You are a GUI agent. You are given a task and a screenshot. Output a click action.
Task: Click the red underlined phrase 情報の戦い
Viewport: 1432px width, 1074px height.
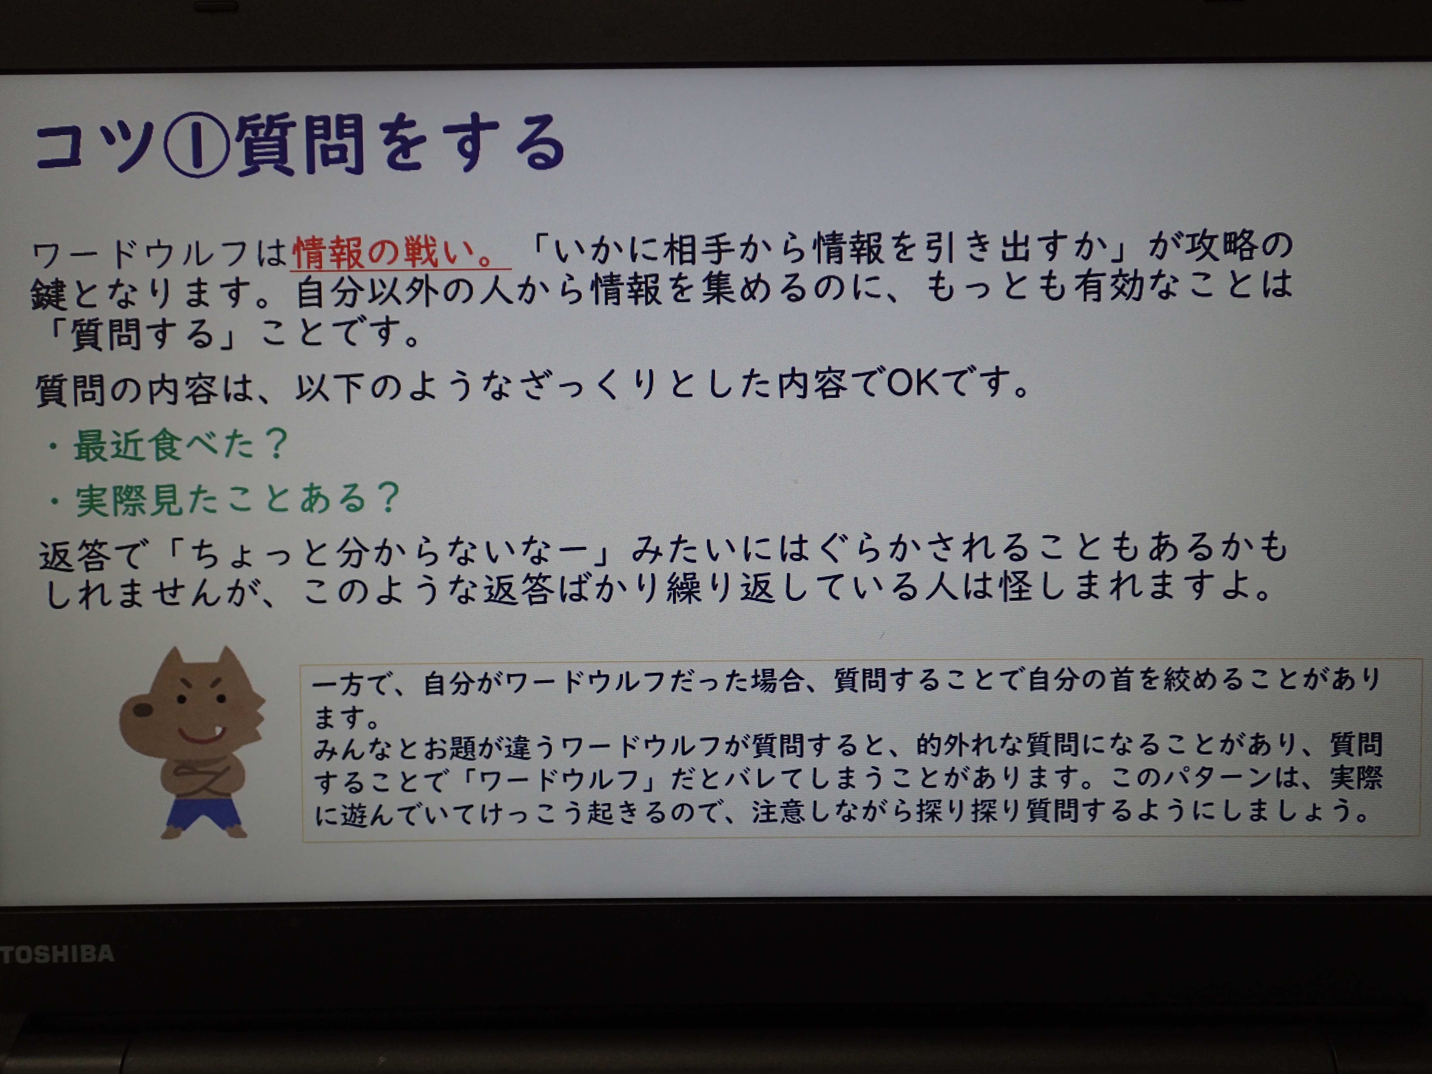385,251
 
